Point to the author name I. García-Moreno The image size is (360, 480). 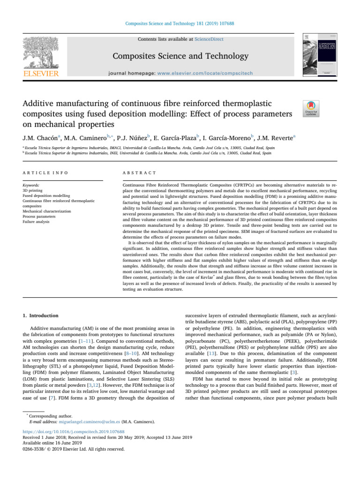coord(227,137)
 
